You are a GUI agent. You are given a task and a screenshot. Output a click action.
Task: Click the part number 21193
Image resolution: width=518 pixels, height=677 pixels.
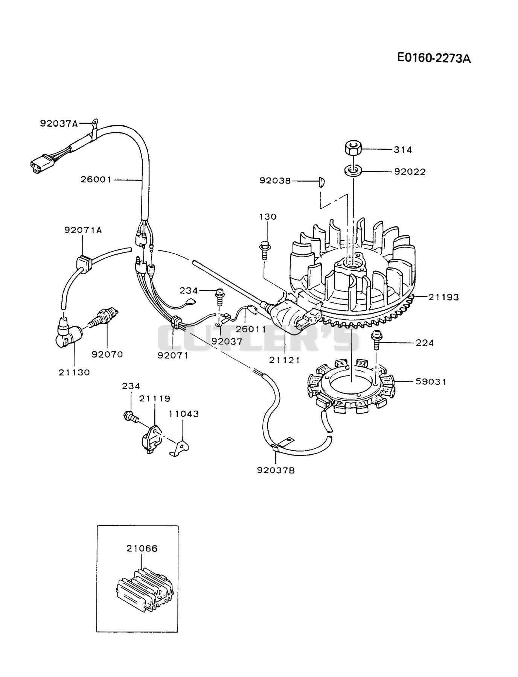pyautogui.click(x=444, y=297)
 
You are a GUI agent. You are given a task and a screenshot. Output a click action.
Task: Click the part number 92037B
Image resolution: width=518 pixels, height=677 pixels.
pyautogui.click(x=276, y=470)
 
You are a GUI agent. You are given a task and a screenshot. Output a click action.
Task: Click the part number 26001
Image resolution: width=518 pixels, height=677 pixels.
pyautogui.click(x=96, y=180)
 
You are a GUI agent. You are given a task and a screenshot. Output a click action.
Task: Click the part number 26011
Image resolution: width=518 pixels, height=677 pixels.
pyautogui.click(x=251, y=329)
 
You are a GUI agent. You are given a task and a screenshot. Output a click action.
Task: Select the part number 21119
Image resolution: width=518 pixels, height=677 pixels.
pyautogui.click(x=155, y=398)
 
